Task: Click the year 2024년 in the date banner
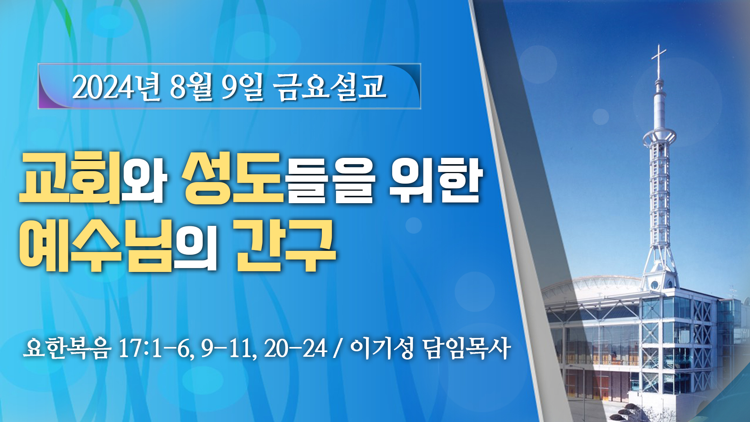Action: point(116,87)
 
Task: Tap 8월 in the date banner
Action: point(191,87)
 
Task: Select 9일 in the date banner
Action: point(243,87)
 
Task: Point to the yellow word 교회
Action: point(70,178)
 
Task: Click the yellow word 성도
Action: point(233,178)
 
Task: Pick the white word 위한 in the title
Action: point(436,180)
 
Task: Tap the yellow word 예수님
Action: point(96,245)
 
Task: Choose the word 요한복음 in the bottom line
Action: point(67,347)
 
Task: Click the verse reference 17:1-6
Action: point(157,348)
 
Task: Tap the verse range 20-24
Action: point(295,348)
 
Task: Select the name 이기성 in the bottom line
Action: point(382,347)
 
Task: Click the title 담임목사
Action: point(467,347)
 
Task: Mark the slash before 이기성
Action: point(338,348)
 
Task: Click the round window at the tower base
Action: point(654,284)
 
